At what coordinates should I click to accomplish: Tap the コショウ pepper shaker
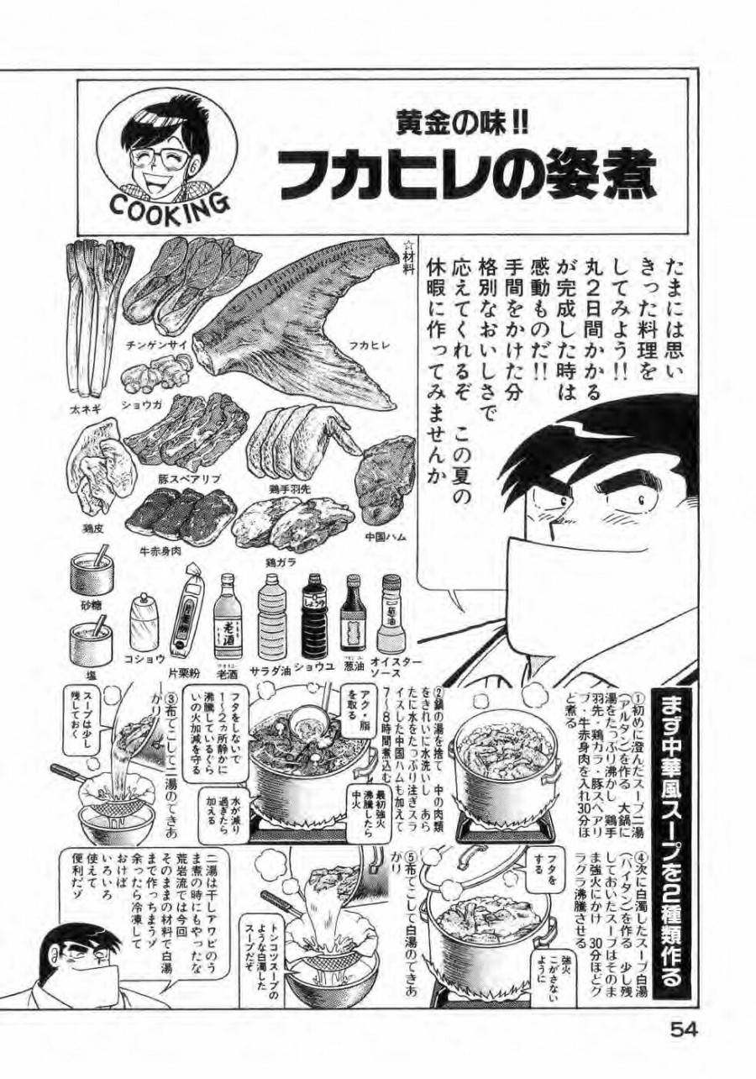pos(144,626)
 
